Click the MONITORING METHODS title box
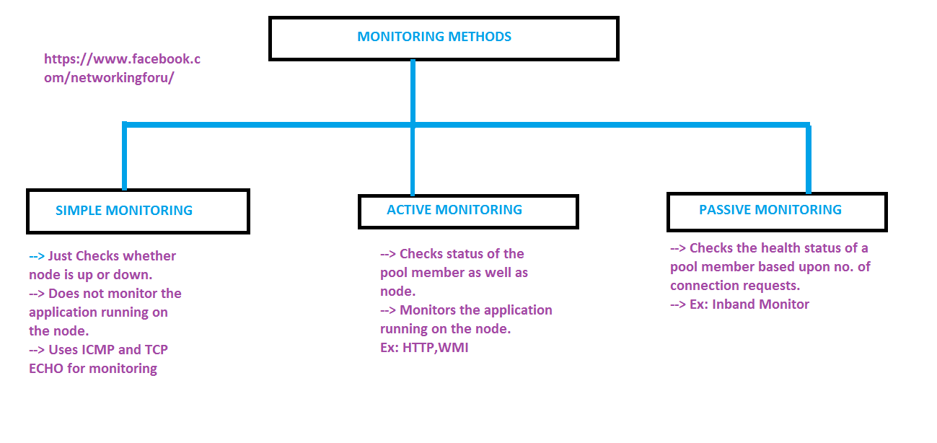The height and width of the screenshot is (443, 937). coord(443,38)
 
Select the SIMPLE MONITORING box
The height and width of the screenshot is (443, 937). coord(138,211)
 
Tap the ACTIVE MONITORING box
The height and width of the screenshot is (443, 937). coord(468,211)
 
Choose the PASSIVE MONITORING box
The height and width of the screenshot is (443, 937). coord(776,211)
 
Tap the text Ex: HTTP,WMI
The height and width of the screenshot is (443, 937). coord(425,348)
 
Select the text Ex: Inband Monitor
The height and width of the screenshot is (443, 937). coord(739,304)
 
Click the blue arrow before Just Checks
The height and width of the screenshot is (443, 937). coord(37,256)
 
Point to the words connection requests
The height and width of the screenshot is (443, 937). coord(734,286)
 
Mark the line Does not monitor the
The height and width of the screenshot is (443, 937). coord(105,294)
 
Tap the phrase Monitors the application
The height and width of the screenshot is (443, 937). coord(466,310)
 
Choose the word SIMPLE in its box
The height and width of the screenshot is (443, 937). coord(79,211)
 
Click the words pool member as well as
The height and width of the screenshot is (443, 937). coord(454,273)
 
